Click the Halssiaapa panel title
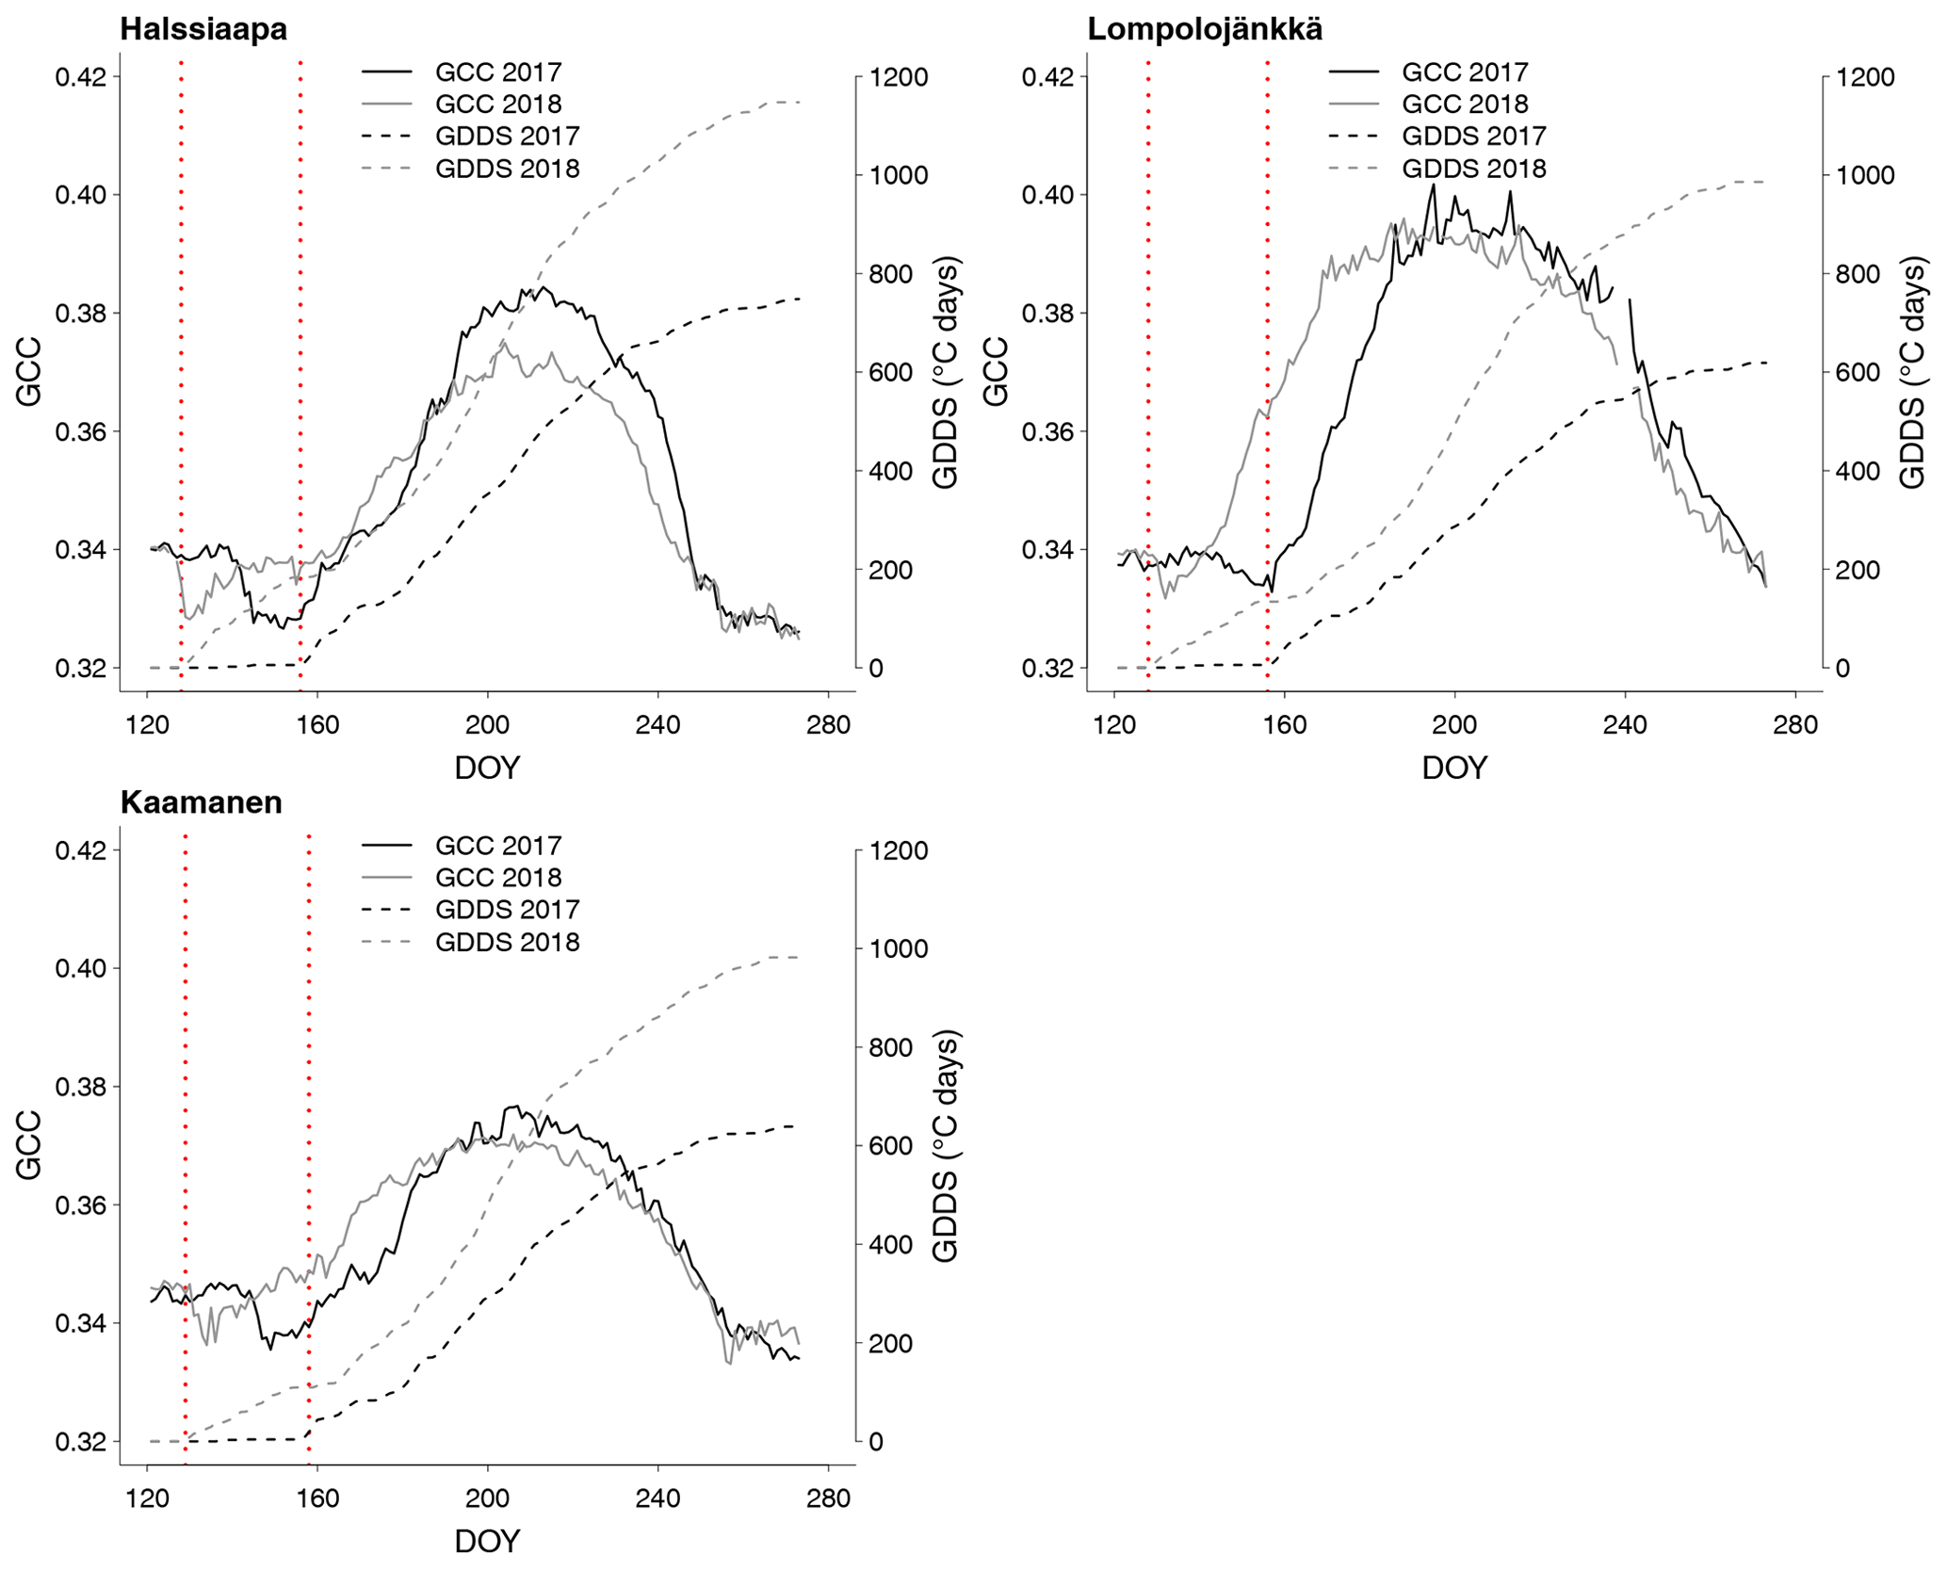tap(203, 29)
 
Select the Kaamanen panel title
tap(201, 802)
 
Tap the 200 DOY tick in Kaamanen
tap(487, 1498)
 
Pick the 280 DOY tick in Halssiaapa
tap(829, 725)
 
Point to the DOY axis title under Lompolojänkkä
tap(1454, 768)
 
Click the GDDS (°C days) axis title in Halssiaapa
tap(944, 372)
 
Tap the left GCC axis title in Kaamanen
tap(29, 1145)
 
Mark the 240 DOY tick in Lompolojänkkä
tap(1625, 725)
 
